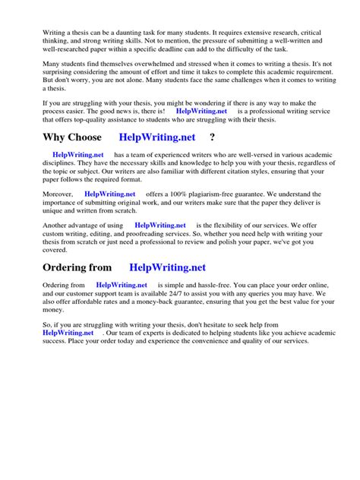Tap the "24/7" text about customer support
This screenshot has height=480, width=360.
coord(195,293)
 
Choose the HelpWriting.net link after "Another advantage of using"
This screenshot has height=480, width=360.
coord(159,226)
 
